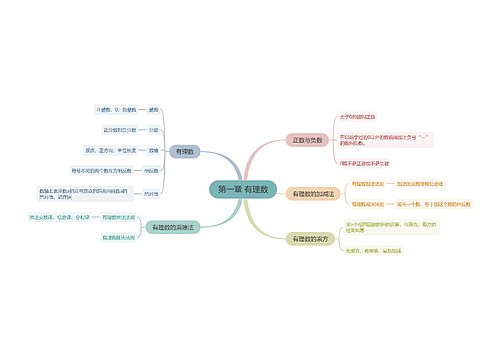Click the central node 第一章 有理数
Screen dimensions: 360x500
[243, 189]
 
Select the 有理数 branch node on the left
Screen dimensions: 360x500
[185, 151]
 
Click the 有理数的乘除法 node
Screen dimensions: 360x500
[171, 227]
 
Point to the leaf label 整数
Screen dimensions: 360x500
[153, 108]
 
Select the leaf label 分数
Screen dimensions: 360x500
[153, 129]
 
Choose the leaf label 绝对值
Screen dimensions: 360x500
[152, 193]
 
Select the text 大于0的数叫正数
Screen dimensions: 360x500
[361, 117]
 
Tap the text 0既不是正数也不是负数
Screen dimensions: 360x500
[364, 162]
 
